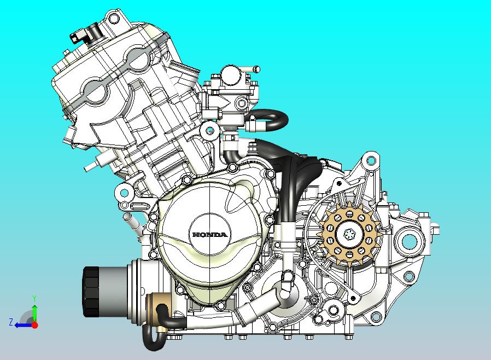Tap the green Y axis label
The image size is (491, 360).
coord(34,298)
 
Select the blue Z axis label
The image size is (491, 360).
coord(10,323)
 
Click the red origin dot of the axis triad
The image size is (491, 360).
coord(34,325)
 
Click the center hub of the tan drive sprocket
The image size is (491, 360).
coord(347,235)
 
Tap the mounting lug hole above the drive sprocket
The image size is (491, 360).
coord(371,161)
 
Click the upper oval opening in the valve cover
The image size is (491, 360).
coord(136,57)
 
